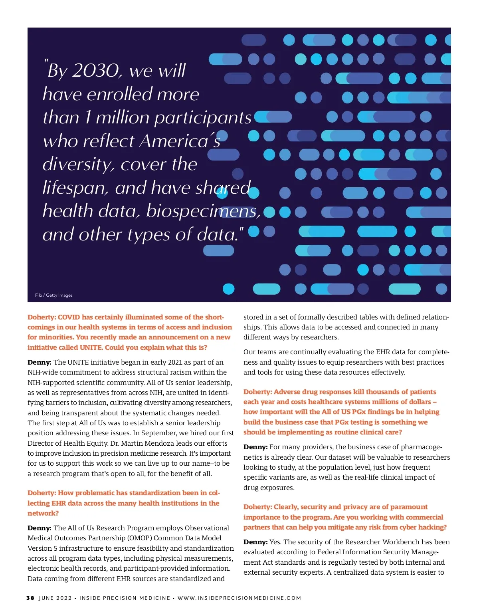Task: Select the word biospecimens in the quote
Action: pos(203,211)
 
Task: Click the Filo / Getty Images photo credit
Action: pos(53,295)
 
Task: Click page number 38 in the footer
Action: pos(30,598)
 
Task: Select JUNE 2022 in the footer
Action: pos(55,598)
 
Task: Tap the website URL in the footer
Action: pos(239,598)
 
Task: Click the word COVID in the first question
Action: pos(69,317)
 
